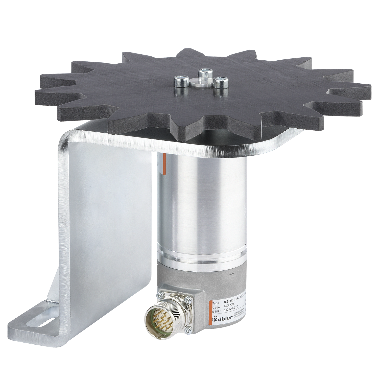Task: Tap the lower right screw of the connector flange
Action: click(188, 329)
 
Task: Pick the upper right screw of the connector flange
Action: click(187, 300)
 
